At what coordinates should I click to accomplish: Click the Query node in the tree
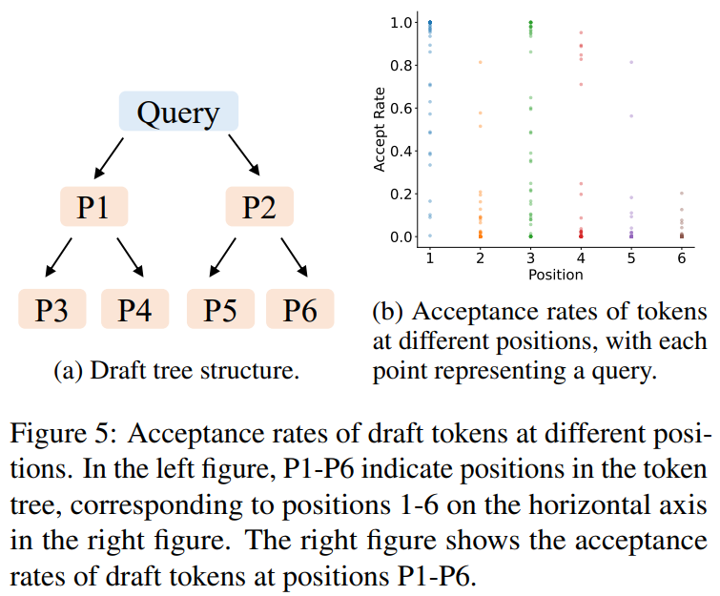177,113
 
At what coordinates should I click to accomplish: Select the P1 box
93,207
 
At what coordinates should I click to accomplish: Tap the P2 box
259,207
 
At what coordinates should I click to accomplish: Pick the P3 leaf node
52,310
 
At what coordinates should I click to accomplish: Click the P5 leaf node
218,310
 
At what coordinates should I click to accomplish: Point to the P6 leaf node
299,310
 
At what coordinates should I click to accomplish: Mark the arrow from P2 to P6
293,255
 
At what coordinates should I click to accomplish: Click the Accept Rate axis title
381,129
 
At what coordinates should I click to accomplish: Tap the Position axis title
555,275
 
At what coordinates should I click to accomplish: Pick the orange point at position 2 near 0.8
480,63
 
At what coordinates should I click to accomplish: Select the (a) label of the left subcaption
66,370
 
